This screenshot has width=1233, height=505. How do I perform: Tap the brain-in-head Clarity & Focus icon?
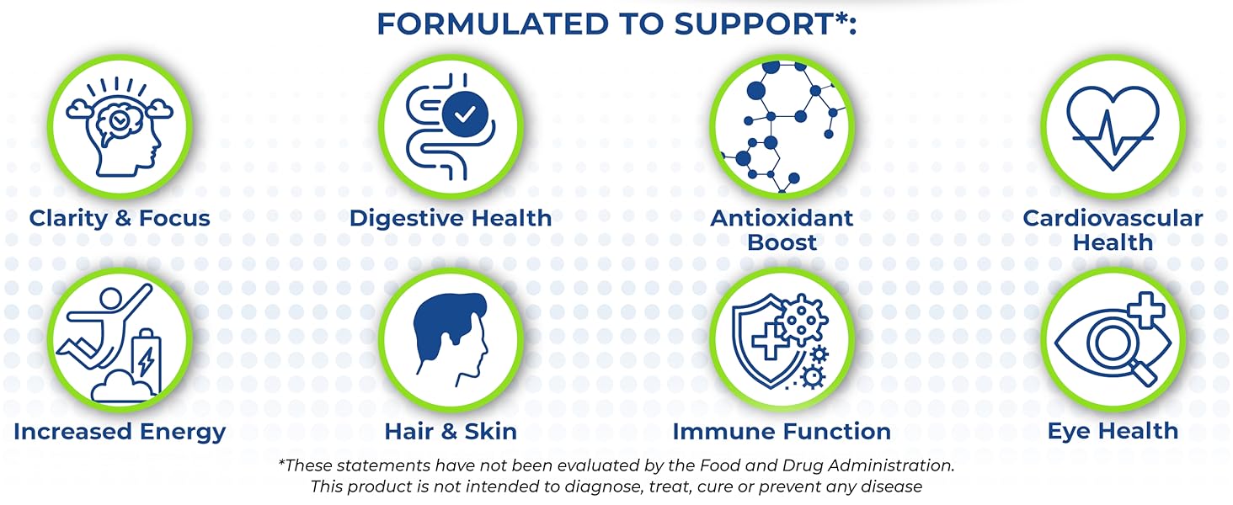click(x=119, y=126)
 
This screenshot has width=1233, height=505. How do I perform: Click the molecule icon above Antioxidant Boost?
click(x=781, y=126)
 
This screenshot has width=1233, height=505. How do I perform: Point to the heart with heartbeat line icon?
click(x=1113, y=126)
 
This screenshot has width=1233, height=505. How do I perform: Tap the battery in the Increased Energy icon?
click(x=146, y=358)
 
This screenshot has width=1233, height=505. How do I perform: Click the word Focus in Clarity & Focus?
click(x=173, y=218)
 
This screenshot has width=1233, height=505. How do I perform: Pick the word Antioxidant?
click(x=782, y=218)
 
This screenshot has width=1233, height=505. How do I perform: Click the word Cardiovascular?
click(x=1113, y=218)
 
